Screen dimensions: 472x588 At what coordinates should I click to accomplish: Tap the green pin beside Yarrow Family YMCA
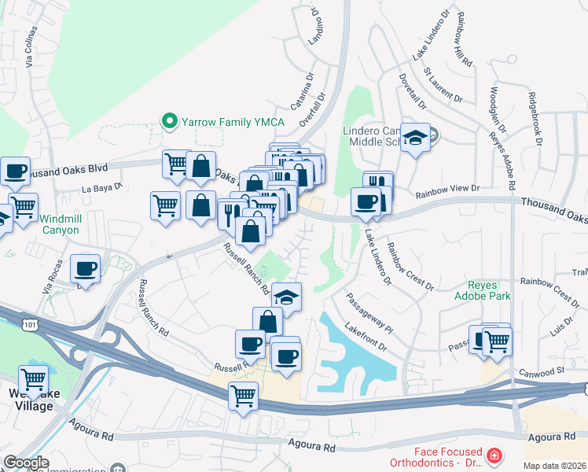(x=167, y=121)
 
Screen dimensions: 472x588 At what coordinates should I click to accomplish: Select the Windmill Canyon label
(x=60, y=224)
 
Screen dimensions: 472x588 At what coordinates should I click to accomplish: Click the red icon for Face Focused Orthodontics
(x=494, y=455)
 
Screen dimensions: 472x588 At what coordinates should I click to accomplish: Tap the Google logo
(x=27, y=463)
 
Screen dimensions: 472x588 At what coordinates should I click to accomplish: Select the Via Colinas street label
(x=31, y=47)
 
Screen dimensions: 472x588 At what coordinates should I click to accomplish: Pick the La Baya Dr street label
(x=104, y=188)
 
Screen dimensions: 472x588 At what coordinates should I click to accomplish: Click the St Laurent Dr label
(x=443, y=83)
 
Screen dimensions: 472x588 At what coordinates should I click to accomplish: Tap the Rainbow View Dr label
(x=447, y=190)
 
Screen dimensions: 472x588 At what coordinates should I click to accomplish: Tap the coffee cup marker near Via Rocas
(x=86, y=269)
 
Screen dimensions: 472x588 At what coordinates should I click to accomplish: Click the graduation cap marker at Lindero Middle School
(x=414, y=138)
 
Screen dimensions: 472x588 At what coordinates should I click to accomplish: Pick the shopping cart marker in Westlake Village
(x=33, y=380)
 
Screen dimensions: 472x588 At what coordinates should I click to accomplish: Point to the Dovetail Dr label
(x=412, y=90)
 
